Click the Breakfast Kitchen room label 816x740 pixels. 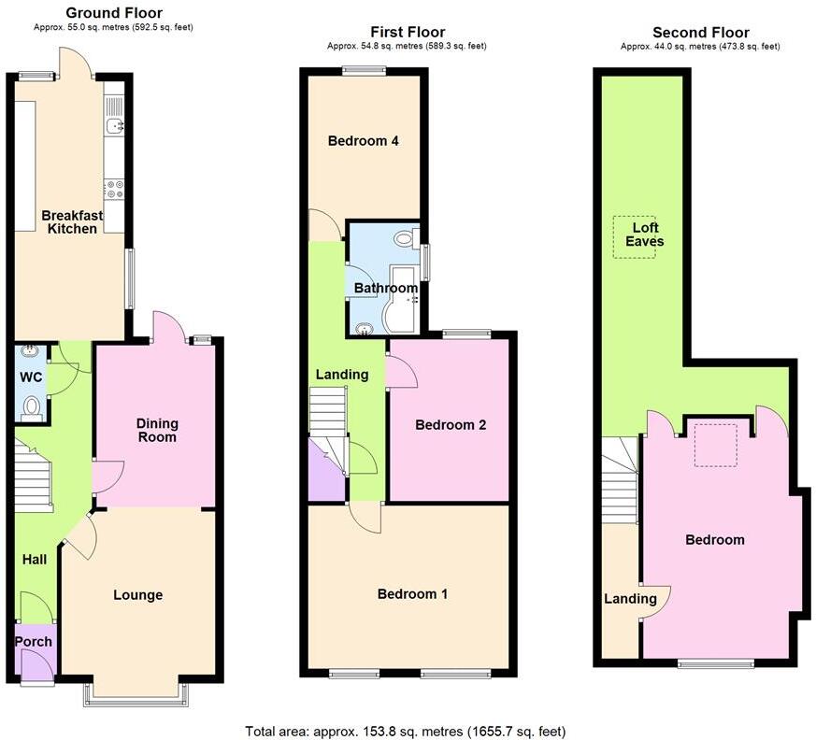click(72, 221)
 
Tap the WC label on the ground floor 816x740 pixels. click(31, 378)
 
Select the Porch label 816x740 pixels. click(33, 641)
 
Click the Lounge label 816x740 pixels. click(137, 594)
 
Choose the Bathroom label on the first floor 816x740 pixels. click(385, 288)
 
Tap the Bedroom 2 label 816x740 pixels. click(451, 424)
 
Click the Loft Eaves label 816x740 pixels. click(646, 235)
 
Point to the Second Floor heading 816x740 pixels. click(700, 33)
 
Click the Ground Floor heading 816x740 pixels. click(114, 13)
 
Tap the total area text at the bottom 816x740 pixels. click(405, 731)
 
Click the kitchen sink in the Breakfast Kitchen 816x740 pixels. click(114, 126)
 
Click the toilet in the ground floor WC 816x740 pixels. click(32, 406)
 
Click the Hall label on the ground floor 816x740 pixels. click(35, 559)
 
